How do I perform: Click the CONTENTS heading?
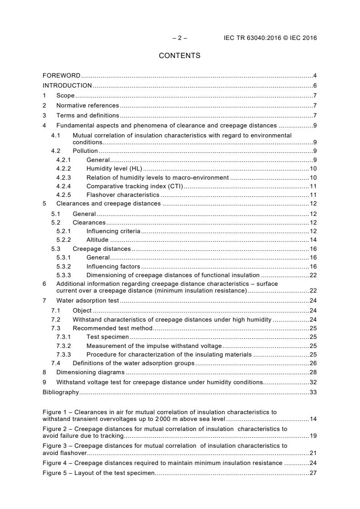click(x=179, y=56)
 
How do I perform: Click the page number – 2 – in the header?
click(x=180, y=38)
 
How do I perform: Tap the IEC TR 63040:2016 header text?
click(x=270, y=38)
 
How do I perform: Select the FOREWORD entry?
click(x=61, y=75)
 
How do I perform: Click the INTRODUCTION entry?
click(x=67, y=85)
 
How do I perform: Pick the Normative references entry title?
click(x=88, y=105)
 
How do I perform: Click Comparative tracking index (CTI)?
click(x=134, y=186)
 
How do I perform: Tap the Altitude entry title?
click(x=97, y=240)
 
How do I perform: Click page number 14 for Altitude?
click(x=313, y=240)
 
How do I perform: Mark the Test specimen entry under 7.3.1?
click(x=108, y=337)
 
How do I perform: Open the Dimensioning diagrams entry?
click(x=90, y=372)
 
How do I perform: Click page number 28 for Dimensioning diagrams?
click(x=313, y=372)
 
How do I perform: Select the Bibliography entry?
click(x=60, y=392)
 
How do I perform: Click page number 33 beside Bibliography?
click(x=313, y=392)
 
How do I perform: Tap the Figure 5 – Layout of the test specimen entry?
click(x=99, y=473)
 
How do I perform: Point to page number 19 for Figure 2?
click(x=313, y=436)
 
